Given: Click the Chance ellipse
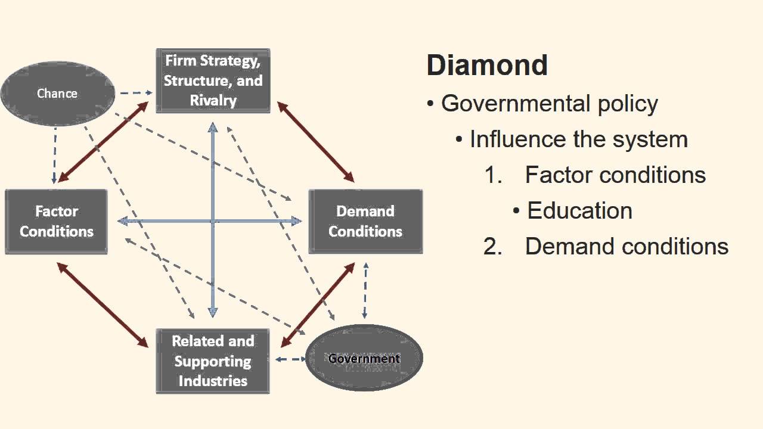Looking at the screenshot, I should (57, 94).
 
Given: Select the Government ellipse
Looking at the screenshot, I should (364, 358).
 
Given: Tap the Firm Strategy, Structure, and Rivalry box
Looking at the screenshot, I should (213, 81).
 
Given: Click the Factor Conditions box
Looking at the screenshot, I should (57, 222).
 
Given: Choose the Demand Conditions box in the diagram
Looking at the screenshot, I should (365, 222).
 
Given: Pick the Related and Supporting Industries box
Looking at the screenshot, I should (213, 361).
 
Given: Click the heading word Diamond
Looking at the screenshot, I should (487, 65).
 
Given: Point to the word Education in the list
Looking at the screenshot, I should (579, 211).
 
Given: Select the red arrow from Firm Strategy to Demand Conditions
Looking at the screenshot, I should (315, 142).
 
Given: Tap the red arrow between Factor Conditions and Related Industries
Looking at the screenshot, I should (103, 304).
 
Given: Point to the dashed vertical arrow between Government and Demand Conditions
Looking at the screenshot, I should (365, 291).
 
